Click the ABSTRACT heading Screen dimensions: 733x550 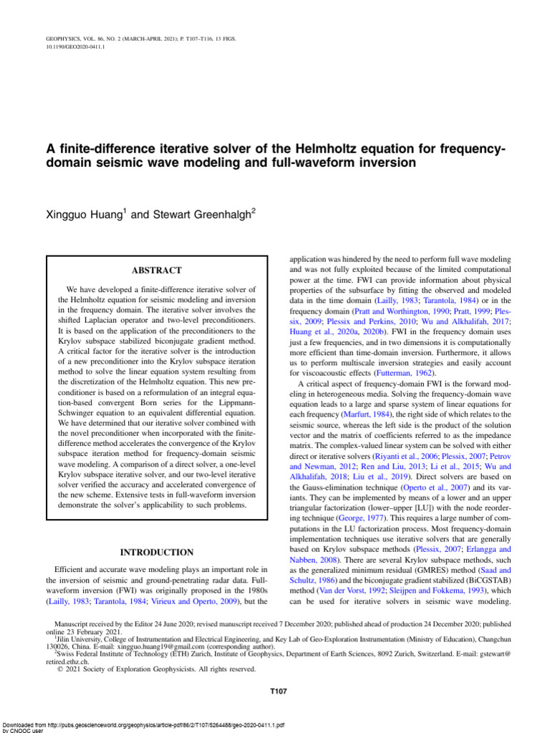pyautogui.click(x=156, y=271)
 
